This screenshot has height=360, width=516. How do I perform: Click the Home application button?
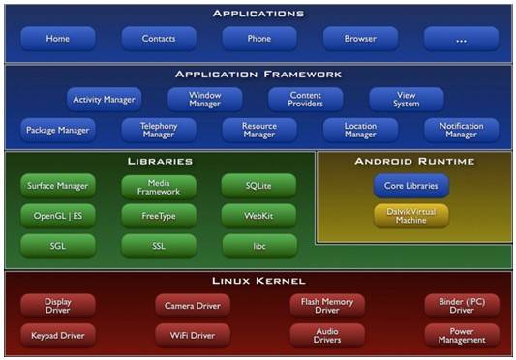(58, 39)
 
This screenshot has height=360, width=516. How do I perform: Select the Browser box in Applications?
(360, 39)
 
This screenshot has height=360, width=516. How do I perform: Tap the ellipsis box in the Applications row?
(462, 39)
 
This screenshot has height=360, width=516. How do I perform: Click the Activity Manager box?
(104, 99)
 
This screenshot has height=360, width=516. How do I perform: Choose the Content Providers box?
(305, 99)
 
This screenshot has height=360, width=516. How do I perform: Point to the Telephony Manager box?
(159, 130)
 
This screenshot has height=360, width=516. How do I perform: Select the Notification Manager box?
(462, 130)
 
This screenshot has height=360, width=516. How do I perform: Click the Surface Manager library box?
(58, 186)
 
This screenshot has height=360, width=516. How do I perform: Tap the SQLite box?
(258, 186)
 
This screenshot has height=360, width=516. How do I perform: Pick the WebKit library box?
(258, 216)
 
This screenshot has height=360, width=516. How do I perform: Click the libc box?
(259, 246)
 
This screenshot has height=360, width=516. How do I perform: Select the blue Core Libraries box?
(411, 186)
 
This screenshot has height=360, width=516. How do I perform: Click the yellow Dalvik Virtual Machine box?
(411, 216)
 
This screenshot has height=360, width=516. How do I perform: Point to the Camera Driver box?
(193, 306)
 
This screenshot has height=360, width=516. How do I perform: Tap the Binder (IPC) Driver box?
(462, 306)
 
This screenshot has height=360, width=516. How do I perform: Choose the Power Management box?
(462, 336)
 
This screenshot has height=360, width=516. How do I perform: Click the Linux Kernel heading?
(258, 281)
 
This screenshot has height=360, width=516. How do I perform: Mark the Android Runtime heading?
(414, 161)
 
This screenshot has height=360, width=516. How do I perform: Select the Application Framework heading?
(258, 75)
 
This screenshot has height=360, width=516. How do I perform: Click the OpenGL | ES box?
(58, 216)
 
